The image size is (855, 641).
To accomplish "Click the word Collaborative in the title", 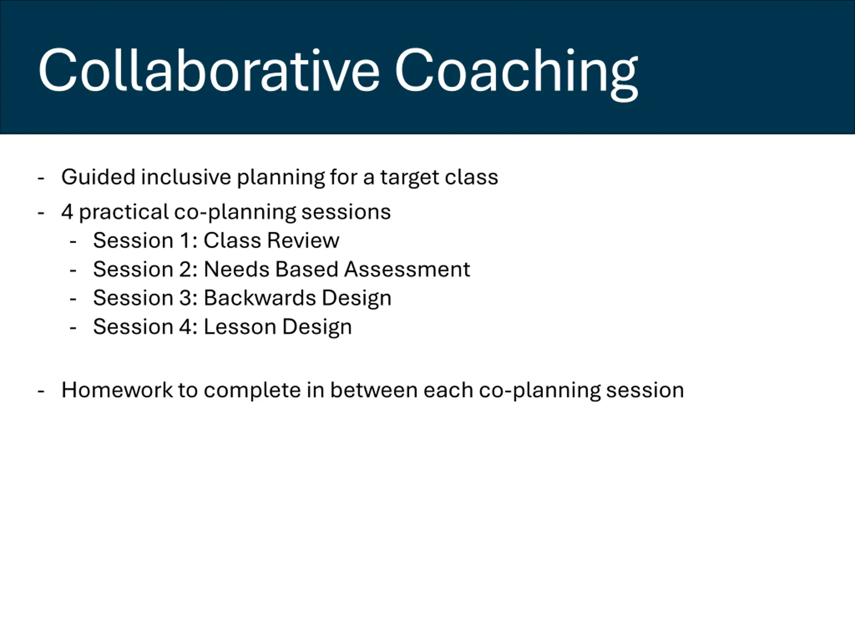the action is (209, 71).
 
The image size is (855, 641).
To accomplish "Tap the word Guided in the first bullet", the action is (98, 177).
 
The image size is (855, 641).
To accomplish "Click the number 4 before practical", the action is (67, 212).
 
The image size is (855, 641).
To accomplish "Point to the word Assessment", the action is (407, 269).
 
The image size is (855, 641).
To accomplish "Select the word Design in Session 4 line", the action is (317, 328).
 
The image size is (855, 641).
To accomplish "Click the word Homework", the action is (117, 390).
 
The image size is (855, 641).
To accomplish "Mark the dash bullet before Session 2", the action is (73, 270).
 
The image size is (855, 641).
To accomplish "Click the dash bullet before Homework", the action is (41, 391).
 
